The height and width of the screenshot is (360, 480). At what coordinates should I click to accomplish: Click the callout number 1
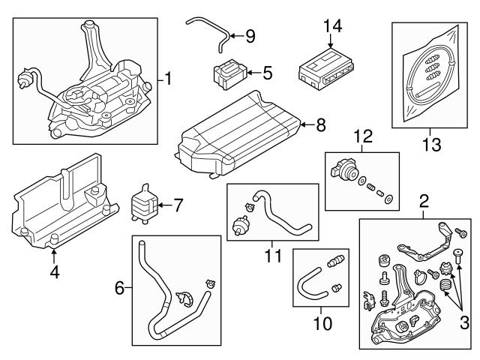(x=169, y=78)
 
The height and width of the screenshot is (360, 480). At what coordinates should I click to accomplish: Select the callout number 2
(x=424, y=200)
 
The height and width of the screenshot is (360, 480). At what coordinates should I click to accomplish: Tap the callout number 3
(x=464, y=323)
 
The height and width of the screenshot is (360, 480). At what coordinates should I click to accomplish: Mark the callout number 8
(x=320, y=126)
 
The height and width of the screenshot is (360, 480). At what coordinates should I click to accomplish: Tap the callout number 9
(x=250, y=35)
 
